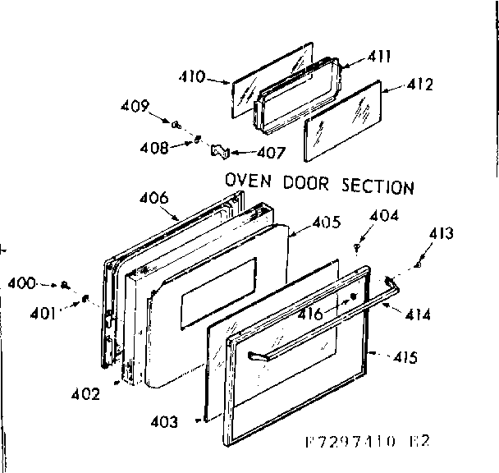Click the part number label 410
(193, 76)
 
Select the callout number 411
(379, 57)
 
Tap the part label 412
(419, 84)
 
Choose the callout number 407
(271, 153)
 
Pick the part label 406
(153, 197)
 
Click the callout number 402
(85, 393)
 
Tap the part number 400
(23, 283)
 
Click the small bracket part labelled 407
(220, 150)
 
